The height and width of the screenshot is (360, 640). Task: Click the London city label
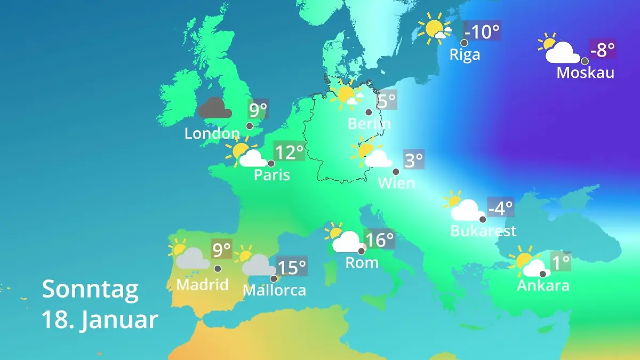pos(212,133)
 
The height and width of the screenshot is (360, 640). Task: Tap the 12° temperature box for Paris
pos(289,153)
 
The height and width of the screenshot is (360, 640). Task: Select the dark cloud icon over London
pos(214,108)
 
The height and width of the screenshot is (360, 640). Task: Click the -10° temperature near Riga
pos(482,31)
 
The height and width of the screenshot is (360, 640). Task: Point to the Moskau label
pos(585,73)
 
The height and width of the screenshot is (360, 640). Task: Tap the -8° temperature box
pos(603,50)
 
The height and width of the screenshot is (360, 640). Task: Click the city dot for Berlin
pos(369,112)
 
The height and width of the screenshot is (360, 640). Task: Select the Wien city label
pos(396,183)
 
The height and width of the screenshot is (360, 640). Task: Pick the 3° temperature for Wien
pos(413,160)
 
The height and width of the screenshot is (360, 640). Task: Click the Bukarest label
pos(483,231)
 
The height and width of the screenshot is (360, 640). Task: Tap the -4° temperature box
pos(500,207)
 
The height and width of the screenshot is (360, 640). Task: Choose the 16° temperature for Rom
pos(379,240)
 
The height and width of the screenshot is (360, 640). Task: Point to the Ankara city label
pos(543,285)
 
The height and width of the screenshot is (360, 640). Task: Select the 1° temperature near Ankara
pos(560,262)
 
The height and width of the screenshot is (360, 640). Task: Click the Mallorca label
pos(274,290)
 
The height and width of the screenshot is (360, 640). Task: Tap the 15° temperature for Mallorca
pos(292,267)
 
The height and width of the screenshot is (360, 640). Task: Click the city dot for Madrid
pos(218,269)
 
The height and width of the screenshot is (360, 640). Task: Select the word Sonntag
pos(90,289)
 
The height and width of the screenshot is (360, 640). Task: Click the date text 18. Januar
pos(100,320)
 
